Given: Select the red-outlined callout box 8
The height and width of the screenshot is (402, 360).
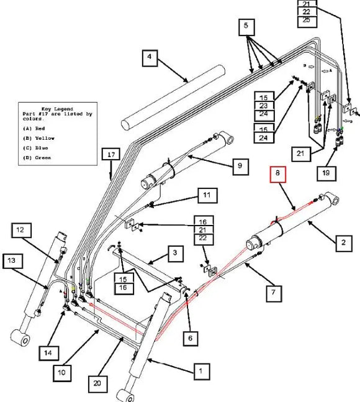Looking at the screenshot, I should coord(277,175).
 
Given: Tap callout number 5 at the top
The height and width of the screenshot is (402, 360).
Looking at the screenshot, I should coord(246,27).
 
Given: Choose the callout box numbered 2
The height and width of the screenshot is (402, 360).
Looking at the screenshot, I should coord(342,244).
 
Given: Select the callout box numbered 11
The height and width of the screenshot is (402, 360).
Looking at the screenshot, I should coord(208,196).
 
